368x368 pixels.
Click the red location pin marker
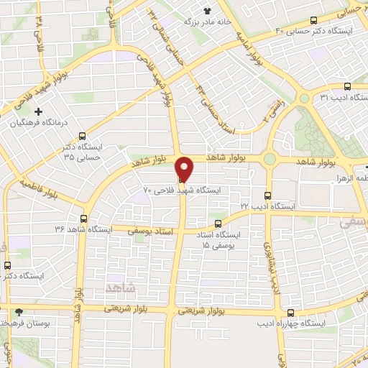185,169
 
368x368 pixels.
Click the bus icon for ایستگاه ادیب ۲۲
268,195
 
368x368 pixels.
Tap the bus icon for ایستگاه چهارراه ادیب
290,313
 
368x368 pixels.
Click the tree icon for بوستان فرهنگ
19,312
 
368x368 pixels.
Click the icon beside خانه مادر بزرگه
208,11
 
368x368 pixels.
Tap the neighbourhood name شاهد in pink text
120,287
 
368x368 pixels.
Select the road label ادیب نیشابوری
272,267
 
